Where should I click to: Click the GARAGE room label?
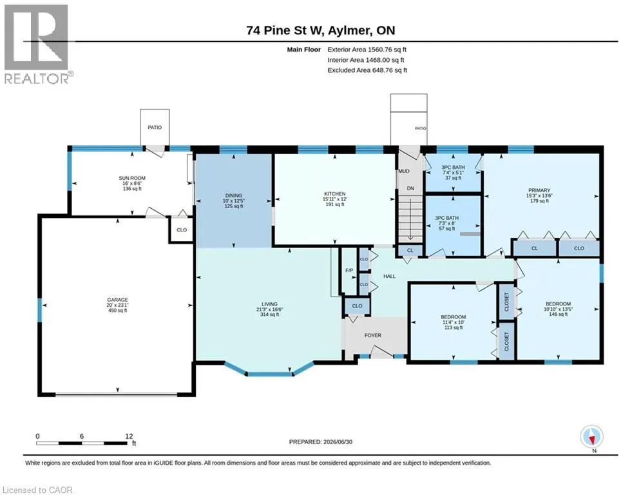point(117,300)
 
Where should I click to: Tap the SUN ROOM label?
point(132,178)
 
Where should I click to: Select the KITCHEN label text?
point(335,194)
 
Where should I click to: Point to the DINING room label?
point(233,195)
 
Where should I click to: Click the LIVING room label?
point(269,304)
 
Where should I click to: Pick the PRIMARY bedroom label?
point(539,190)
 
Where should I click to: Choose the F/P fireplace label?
point(349,271)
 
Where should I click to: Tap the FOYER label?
point(373,335)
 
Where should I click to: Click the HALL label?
point(390,276)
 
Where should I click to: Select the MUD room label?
point(404,171)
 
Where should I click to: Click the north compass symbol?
point(591,437)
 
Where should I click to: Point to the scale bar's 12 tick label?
point(129,436)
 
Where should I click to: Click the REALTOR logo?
point(37,44)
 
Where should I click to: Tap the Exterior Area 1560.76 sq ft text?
point(367,50)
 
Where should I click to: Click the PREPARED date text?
point(321,442)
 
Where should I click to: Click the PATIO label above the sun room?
point(155,127)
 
